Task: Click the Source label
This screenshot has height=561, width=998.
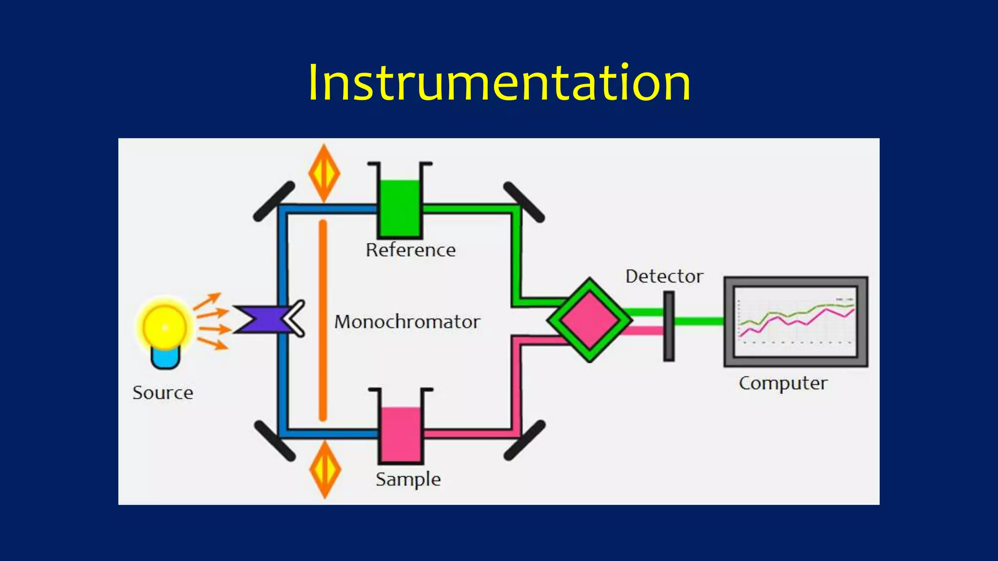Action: point(163,393)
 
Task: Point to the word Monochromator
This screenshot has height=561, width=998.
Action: point(407,322)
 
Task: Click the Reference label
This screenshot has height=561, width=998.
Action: point(411,250)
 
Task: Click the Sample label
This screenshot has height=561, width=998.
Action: point(408,479)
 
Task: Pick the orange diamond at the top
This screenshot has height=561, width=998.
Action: point(324,173)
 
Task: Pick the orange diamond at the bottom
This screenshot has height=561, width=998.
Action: point(325,469)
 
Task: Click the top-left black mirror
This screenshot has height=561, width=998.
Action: point(274,201)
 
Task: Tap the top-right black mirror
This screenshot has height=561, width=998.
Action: point(523,202)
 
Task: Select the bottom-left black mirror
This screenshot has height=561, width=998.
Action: point(275,441)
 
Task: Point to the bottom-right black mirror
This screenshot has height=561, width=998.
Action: point(524,440)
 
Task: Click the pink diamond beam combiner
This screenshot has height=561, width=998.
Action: point(590,320)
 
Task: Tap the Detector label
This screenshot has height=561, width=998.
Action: point(664,277)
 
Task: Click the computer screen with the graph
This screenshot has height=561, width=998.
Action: point(795,321)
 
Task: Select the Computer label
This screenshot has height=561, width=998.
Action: point(783,383)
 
